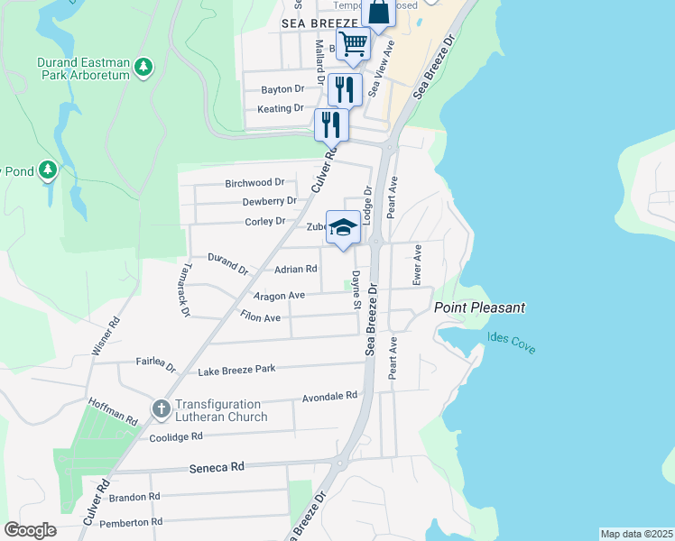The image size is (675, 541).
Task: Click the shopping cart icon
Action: pos(354,42)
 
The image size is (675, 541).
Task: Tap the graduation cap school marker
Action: pos(343,229)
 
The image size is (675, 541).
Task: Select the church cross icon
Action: pos(161,410)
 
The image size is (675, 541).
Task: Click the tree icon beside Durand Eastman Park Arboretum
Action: pos(143,67)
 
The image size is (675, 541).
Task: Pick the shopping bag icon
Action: pos(379,12)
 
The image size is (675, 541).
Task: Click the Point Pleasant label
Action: pos(479,307)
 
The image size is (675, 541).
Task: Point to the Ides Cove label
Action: pos(512,343)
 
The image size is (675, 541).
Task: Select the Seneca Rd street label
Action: pos(217,468)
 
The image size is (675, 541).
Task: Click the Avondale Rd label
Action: pos(330,396)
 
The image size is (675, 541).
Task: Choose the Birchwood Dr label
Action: pos(254,182)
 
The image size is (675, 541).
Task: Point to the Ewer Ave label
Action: pos(417,265)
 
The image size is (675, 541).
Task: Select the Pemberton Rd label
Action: pos(131,522)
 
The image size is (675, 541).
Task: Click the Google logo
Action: pos(30,530)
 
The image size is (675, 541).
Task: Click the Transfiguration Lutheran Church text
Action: pos(221,410)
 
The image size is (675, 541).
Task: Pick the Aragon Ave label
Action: pos(279,295)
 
